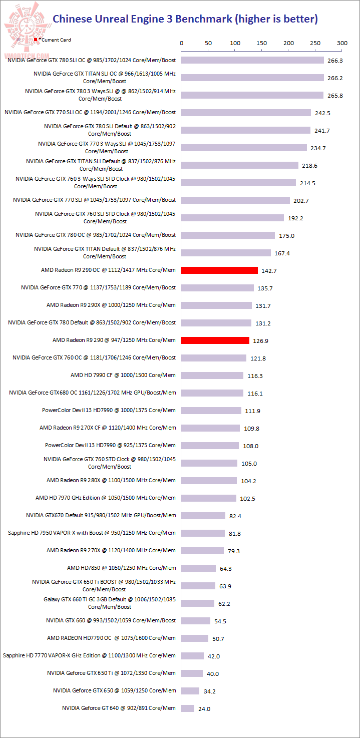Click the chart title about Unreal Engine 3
pyautogui.click(x=185, y=19)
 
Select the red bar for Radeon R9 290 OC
pyautogui.click(x=219, y=270)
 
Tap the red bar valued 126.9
pyautogui.click(x=215, y=340)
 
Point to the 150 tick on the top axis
pyautogui.click(x=262, y=44)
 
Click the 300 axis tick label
pyautogui.click(x=342, y=44)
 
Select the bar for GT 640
pyautogui.click(x=188, y=708)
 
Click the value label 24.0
pyautogui.click(x=205, y=709)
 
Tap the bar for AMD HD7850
pyautogui.click(x=198, y=568)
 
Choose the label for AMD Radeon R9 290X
pyautogui.click(x=111, y=305)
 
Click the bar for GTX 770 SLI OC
pyautogui.click(x=246, y=113)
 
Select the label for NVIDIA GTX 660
pyautogui.click(x=111, y=620)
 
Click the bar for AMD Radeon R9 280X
pyautogui.click(x=209, y=481)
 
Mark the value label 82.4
pyautogui.click(x=236, y=516)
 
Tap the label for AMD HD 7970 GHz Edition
pyautogui.click(x=106, y=498)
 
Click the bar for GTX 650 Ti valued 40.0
pyautogui.click(x=192, y=673)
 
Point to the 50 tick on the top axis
pyautogui.click(x=208, y=44)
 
